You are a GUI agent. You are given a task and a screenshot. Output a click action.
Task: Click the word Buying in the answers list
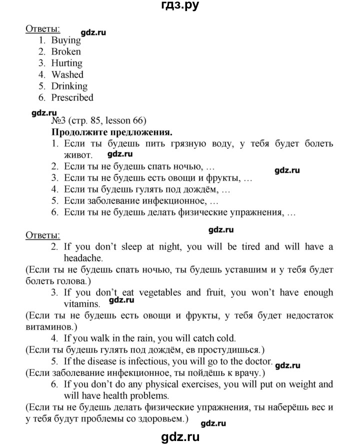point(66,40)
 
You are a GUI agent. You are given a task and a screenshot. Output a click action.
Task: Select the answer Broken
point(66,51)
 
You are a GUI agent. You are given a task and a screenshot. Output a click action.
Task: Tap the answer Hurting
point(66,63)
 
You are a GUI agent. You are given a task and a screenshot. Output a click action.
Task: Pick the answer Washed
point(67,74)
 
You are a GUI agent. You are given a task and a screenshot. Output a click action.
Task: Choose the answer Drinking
point(69,86)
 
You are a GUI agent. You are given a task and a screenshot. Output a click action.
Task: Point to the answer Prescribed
point(72,97)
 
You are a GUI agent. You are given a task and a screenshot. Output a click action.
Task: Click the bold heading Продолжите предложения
point(112,132)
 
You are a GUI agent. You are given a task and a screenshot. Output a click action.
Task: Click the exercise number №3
point(56,121)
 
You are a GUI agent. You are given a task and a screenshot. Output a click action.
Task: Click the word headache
point(83,258)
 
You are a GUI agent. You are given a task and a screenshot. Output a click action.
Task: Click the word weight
point(300,384)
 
